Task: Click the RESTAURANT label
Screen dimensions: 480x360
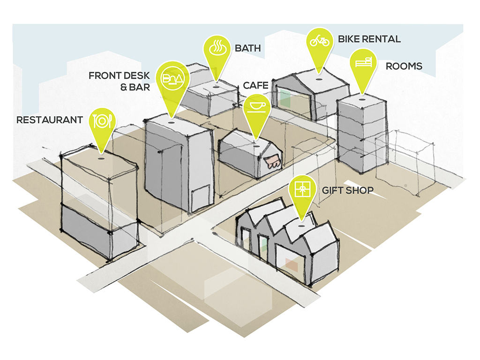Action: coord(50,120)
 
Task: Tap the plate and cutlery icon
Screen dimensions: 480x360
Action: coord(102,121)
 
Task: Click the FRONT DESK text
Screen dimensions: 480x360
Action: coord(119,75)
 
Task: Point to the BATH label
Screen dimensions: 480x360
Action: coord(248,48)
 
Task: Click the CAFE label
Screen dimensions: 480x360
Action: coord(255,85)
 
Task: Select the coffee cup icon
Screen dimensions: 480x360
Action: coord(256,107)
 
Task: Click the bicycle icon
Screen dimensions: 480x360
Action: coord(320,40)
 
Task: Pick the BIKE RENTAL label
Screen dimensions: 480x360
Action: coord(369,39)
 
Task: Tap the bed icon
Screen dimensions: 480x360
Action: coord(363,62)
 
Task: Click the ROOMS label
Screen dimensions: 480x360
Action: coord(404,66)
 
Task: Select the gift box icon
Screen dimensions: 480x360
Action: coord(302,189)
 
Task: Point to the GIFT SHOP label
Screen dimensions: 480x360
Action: coord(348,190)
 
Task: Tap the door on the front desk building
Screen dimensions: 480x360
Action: coord(201,198)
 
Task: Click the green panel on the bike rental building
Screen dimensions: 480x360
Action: coord(285,98)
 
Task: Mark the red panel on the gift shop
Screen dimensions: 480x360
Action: coord(292,265)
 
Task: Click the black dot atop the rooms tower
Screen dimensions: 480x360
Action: coord(362,99)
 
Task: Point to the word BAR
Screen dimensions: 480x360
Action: coord(140,87)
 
